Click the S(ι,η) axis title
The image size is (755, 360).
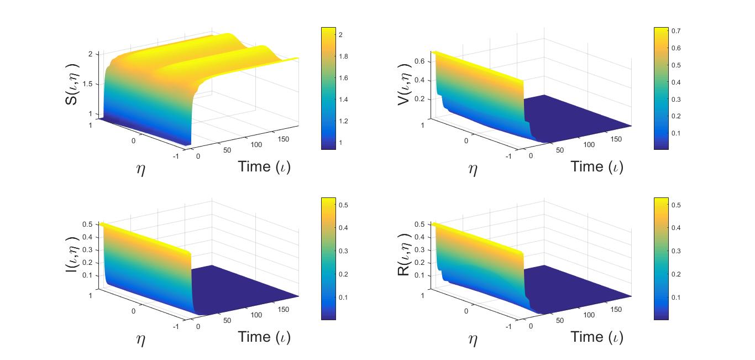[x=71, y=84]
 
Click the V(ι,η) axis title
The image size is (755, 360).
[x=404, y=84]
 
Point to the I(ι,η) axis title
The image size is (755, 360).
[x=71, y=254]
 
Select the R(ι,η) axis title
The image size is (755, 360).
[x=404, y=254]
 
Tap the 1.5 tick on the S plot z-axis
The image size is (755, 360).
[x=87, y=84]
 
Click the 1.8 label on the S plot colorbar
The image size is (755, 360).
[x=343, y=56]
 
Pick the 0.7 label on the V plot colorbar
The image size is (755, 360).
[x=676, y=31]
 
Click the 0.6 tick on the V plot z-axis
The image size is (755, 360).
[x=420, y=61]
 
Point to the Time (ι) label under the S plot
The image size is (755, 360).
[x=264, y=166]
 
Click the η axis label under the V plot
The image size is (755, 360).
[x=473, y=169]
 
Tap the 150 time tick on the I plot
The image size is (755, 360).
[x=284, y=310]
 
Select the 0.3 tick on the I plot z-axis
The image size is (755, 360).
[x=87, y=250]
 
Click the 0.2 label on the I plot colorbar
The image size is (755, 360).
[x=343, y=274]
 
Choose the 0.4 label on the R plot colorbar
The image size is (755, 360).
[x=676, y=228]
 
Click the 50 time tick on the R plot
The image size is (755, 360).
[x=560, y=321]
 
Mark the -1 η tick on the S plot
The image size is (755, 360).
[x=176, y=156]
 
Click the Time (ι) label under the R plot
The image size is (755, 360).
[x=597, y=337]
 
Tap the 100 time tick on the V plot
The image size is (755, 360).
[x=589, y=144]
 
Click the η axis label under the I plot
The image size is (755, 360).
[x=141, y=340]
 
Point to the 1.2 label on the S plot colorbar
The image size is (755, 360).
[x=343, y=121]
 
